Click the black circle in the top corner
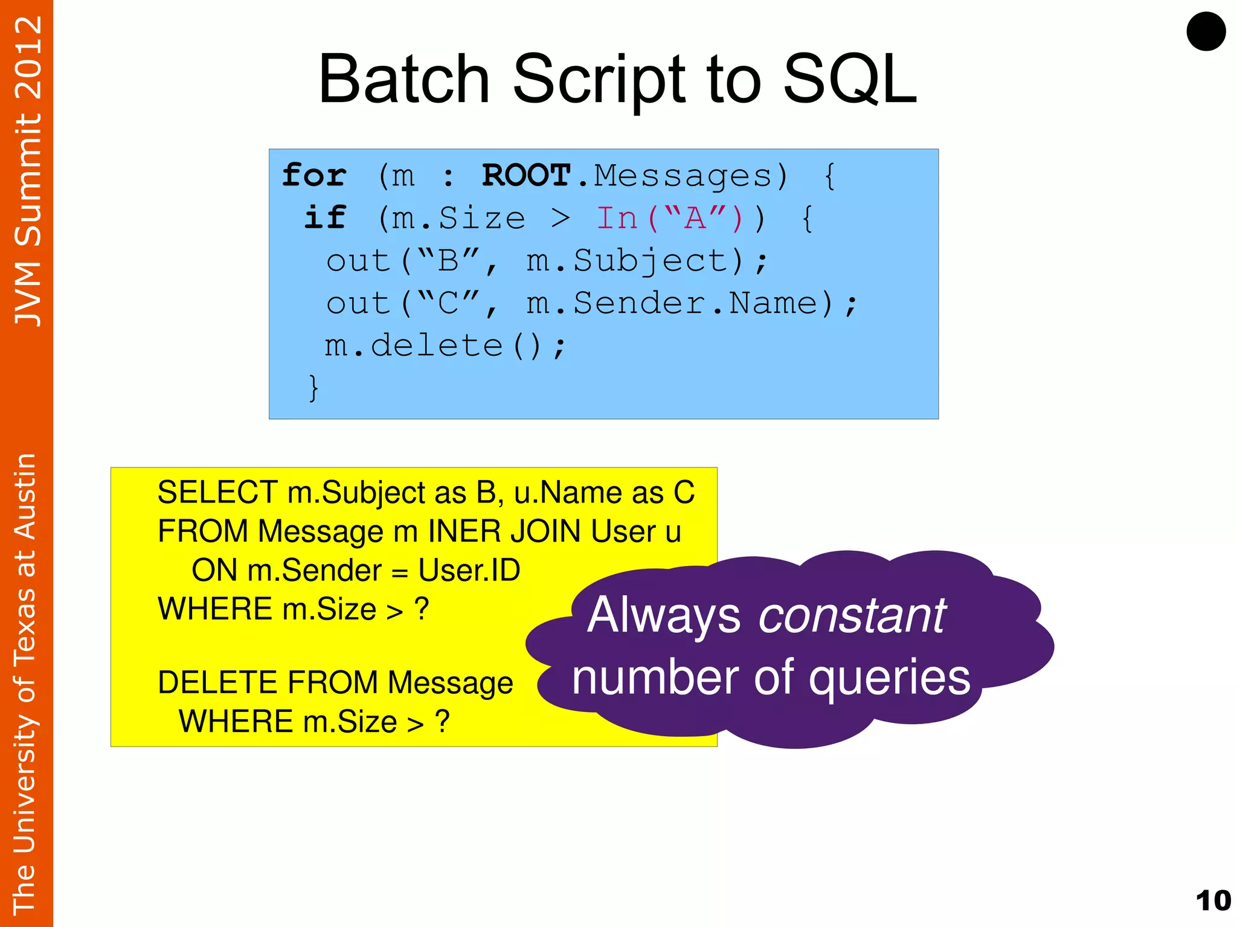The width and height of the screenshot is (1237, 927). tap(1206, 31)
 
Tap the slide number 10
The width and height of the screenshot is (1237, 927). tap(1213, 900)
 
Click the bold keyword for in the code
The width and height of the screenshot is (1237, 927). tap(315, 176)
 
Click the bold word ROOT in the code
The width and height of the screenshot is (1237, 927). tap(526, 176)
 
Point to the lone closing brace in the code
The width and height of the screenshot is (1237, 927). tap(313, 387)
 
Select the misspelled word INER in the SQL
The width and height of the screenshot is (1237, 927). tap(464, 531)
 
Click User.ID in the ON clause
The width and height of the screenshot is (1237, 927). tap(469, 570)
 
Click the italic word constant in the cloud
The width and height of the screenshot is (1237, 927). tap(852, 615)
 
